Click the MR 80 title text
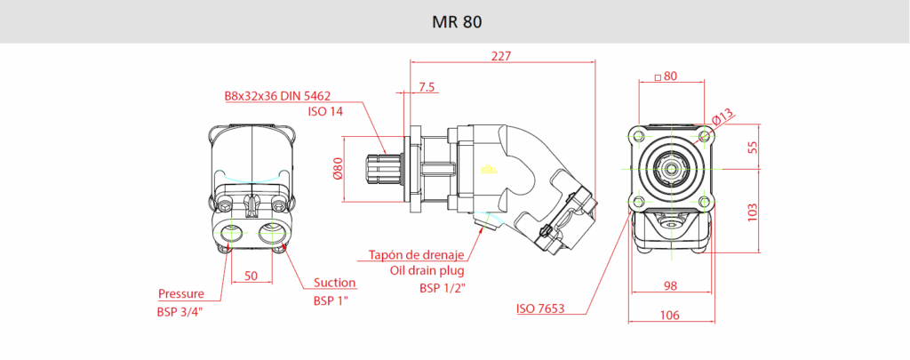click(x=455, y=20)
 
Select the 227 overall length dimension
click(x=502, y=55)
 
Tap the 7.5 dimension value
click(x=426, y=86)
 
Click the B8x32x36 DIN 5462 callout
click(x=277, y=95)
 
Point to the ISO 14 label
click(x=325, y=111)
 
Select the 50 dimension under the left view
click(x=251, y=276)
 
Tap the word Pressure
click(x=181, y=293)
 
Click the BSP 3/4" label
click(x=180, y=311)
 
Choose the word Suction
click(x=335, y=283)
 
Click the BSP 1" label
click(x=330, y=300)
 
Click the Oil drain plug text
click(x=427, y=271)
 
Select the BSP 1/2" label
click(x=443, y=287)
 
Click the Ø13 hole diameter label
click(x=722, y=115)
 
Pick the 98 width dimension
click(x=670, y=285)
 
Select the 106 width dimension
click(x=670, y=314)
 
